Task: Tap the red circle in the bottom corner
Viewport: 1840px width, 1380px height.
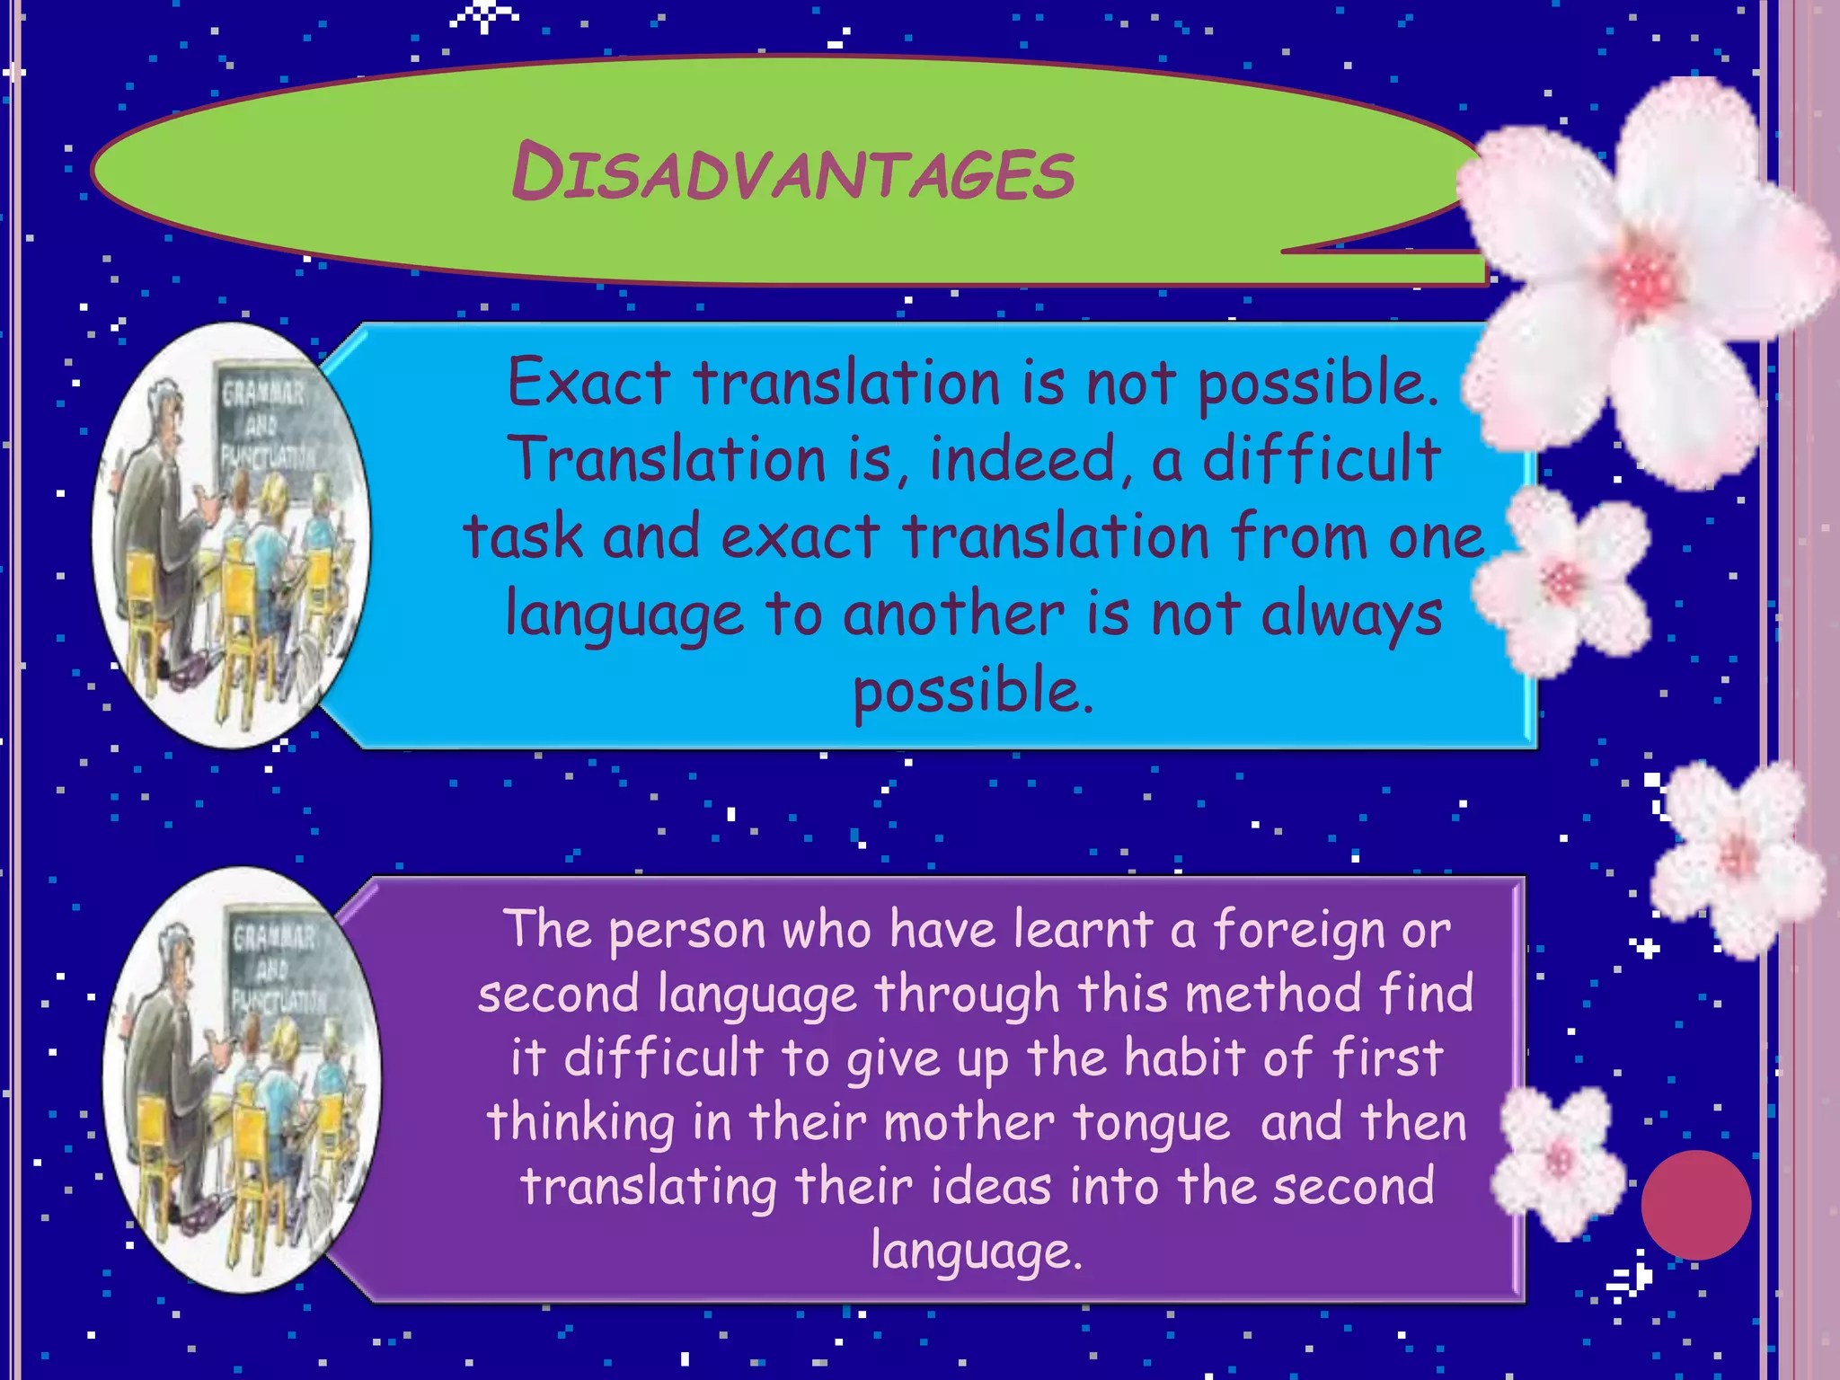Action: click(1695, 1205)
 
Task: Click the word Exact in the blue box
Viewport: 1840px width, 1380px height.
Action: click(588, 383)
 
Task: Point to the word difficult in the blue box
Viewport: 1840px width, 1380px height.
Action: click(1321, 459)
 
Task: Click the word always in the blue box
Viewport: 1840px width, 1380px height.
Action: click(1351, 616)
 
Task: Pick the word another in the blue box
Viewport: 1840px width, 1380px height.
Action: click(953, 616)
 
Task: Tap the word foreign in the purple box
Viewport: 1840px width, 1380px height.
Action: click(1299, 930)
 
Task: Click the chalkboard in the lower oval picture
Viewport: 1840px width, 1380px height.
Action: click(279, 970)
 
